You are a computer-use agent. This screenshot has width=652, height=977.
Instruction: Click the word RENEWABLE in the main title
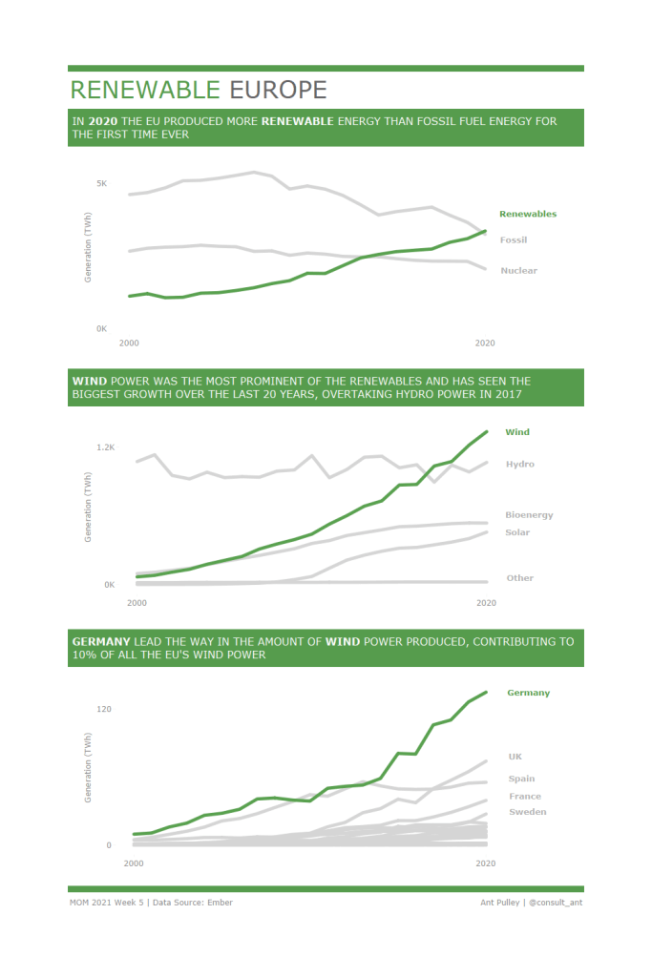pos(145,90)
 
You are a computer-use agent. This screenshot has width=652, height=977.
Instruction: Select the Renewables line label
pos(528,214)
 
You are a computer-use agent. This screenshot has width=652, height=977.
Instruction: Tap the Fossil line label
pos(514,239)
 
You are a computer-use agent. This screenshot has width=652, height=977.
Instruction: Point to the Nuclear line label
pos(518,270)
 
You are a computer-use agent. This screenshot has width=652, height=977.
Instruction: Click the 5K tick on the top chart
pos(101,182)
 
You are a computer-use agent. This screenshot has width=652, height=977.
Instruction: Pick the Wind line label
pos(517,432)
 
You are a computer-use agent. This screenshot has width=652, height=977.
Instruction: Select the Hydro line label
pos(519,464)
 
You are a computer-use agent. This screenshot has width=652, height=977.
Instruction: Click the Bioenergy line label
pos(529,515)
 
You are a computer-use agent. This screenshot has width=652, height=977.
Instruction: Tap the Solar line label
pos(518,532)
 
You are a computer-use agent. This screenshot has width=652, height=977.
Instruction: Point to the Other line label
pos(519,577)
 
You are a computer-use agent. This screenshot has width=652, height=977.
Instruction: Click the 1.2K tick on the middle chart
pos(105,447)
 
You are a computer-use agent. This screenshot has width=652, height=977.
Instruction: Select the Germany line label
pos(528,693)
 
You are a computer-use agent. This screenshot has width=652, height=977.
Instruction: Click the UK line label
pos(515,757)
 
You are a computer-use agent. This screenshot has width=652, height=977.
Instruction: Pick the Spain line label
pos(521,779)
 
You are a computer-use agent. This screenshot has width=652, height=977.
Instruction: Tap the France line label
pos(524,796)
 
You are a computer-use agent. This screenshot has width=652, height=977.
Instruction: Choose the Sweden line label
pos(527,812)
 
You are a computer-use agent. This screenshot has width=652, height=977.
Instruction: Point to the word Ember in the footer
pos(220,902)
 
